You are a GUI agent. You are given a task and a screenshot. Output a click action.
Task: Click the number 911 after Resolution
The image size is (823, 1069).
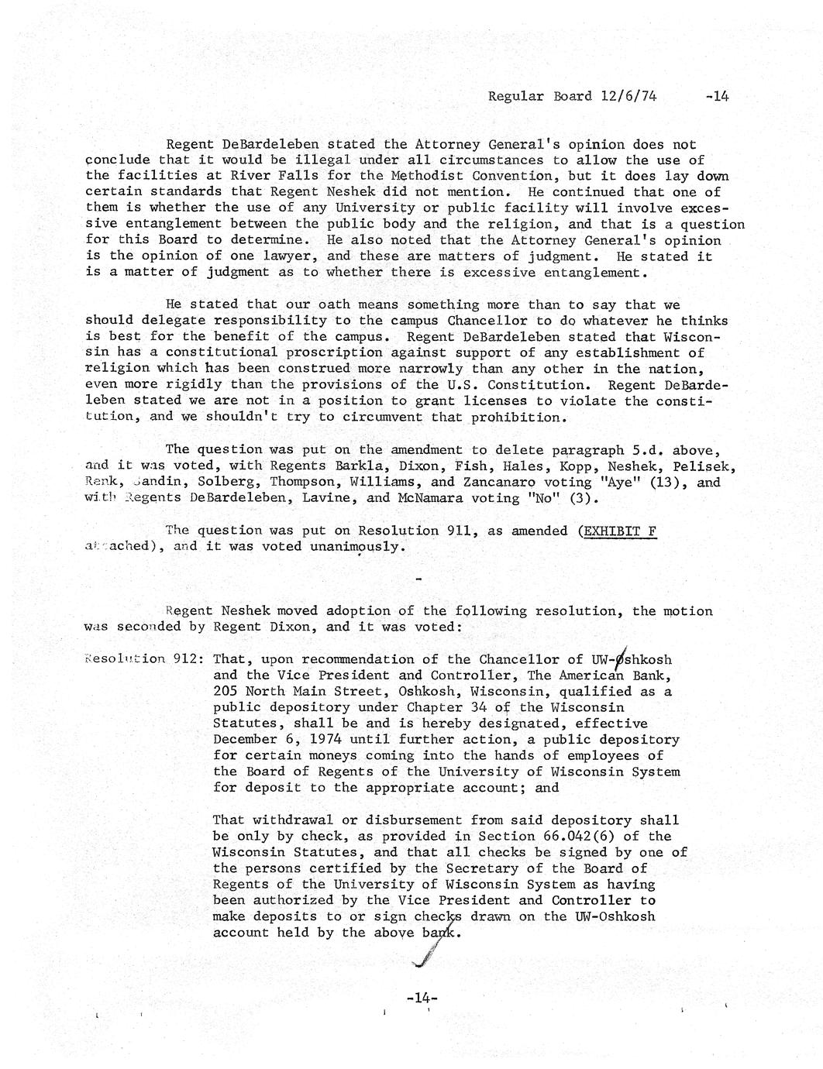coord(422,531)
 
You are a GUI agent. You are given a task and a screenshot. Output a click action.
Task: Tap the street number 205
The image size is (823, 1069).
coord(225,692)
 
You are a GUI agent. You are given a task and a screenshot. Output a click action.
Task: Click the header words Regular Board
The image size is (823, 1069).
coord(539,97)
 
